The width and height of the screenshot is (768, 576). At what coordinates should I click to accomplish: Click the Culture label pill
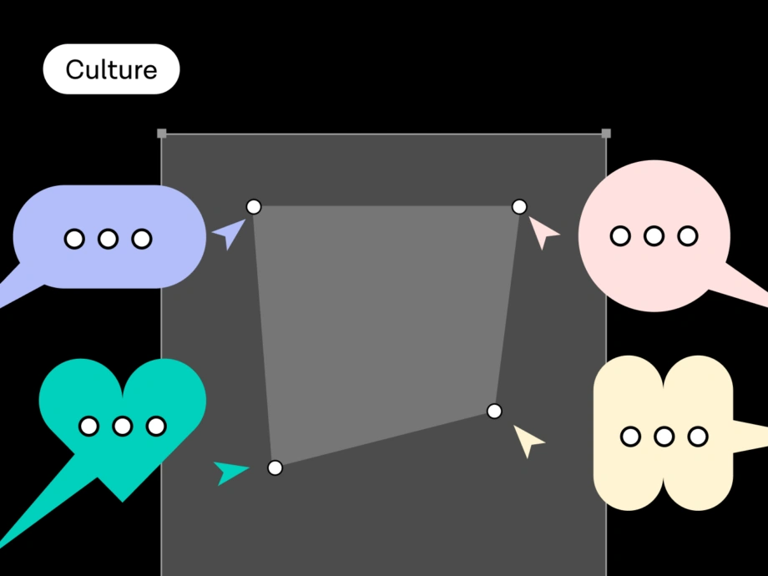click(x=111, y=69)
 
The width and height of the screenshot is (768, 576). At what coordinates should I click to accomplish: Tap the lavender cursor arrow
click(x=229, y=234)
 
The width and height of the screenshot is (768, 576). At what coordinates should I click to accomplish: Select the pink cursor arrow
click(x=543, y=233)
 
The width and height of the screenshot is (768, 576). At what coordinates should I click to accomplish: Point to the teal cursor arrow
click(x=229, y=472)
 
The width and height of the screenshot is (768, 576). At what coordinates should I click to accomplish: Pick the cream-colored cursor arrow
click(x=527, y=439)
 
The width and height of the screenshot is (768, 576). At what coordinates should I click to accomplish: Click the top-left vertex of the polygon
click(x=254, y=206)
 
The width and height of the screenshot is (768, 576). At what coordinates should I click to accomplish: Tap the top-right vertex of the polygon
click(x=519, y=206)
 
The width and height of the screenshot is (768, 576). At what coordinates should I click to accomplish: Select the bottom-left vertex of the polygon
click(x=275, y=467)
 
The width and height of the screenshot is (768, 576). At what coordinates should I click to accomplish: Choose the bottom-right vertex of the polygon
click(x=494, y=411)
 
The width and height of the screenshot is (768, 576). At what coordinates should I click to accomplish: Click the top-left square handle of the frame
click(x=162, y=134)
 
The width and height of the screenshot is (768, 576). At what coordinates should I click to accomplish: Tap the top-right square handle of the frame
click(x=606, y=134)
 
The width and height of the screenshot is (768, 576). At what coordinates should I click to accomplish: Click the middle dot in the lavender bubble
click(x=108, y=240)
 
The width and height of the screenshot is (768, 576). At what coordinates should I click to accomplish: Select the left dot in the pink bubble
click(x=620, y=236)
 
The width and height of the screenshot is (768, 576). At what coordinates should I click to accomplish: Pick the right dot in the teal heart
click(x=156, y=427)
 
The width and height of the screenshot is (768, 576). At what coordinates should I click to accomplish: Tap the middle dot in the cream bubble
click(x=664, y=436)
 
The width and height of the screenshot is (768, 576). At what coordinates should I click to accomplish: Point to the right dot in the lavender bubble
click(x=142, y=240)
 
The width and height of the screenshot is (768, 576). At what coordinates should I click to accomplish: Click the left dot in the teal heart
click(x=88, y=427)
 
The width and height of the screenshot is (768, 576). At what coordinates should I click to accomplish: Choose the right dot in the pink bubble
click(x=688, y=236)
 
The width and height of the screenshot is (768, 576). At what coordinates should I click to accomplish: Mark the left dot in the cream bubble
click(x=631, y=436)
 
